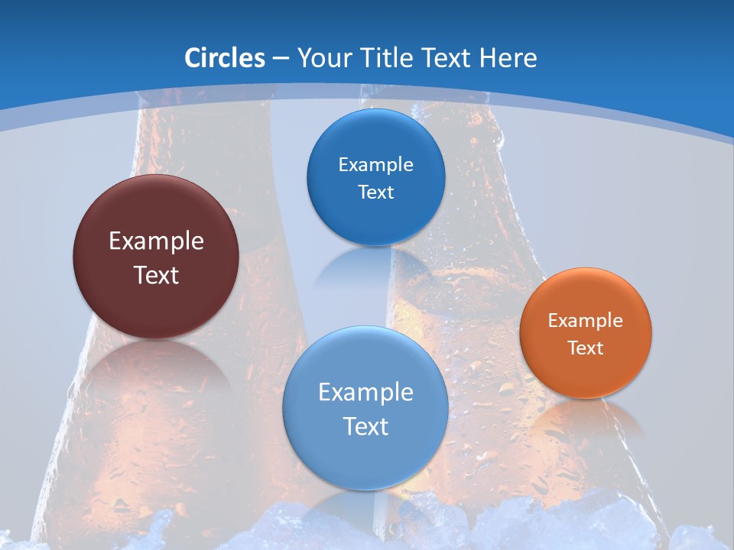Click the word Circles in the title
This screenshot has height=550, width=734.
pyautogui.click(x=224, y=58)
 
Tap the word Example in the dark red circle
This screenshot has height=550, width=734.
pyautogui.click(x=156, y=241)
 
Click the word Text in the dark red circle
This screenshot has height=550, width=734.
pyautogui.click(x=156, y=275)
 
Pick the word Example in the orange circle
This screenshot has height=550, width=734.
pyautogui.click(x=586, y=321)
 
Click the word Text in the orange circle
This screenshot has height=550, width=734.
pyautogui.click(x=586, y=348)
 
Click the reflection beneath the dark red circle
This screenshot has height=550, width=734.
pyautogui.click(x=156, y=374)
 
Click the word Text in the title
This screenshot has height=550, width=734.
pyautogui.click(x=449, y=58)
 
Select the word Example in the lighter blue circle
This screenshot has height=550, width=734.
pyautogui.click(x=365, y=393)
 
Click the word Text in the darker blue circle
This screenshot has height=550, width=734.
pyautogui.click(x=375, y=192)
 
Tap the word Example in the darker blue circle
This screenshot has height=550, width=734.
pyautogui.click(x=375, y=165)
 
